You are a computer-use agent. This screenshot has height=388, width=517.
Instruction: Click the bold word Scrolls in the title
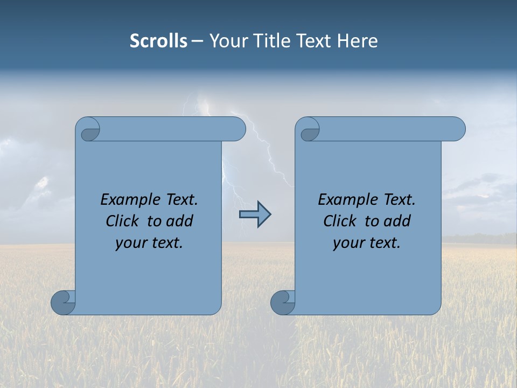tap(158, 40)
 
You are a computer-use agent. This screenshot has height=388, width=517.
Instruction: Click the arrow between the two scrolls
tap(255, 214)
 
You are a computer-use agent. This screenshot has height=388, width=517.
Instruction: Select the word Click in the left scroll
tap(122, 221)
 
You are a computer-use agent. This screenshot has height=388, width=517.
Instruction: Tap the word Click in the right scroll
tap(339, 221)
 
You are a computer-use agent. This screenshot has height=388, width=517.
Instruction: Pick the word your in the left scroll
tap(129, 243)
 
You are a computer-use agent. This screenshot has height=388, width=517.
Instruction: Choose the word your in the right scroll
tap(347, 243)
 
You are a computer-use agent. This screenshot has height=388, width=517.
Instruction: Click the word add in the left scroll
tap(180, 221)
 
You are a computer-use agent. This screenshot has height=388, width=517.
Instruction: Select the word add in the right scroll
tap(398, 221)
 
